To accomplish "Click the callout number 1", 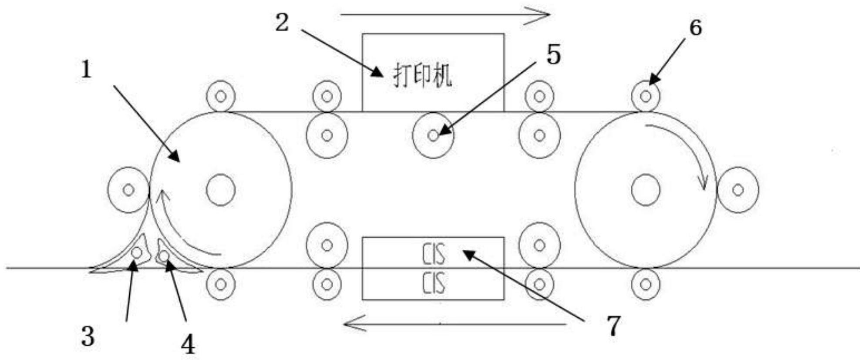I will point(87,70).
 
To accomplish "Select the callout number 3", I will point(88,336).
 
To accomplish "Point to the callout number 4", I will point(188,345).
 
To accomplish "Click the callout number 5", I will point(553,55).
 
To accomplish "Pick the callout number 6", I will point(695,28).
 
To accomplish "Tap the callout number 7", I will point(613,326).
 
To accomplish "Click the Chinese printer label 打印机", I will point(422,75).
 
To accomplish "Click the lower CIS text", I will point(434,283).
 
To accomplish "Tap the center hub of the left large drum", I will point(221,190).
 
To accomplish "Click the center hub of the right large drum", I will point(646,190).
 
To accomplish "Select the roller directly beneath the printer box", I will point(433,135).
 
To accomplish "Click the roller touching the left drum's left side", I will point(128,190).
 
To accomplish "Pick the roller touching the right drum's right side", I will point(738,190).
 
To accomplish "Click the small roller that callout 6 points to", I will point(646,96).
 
